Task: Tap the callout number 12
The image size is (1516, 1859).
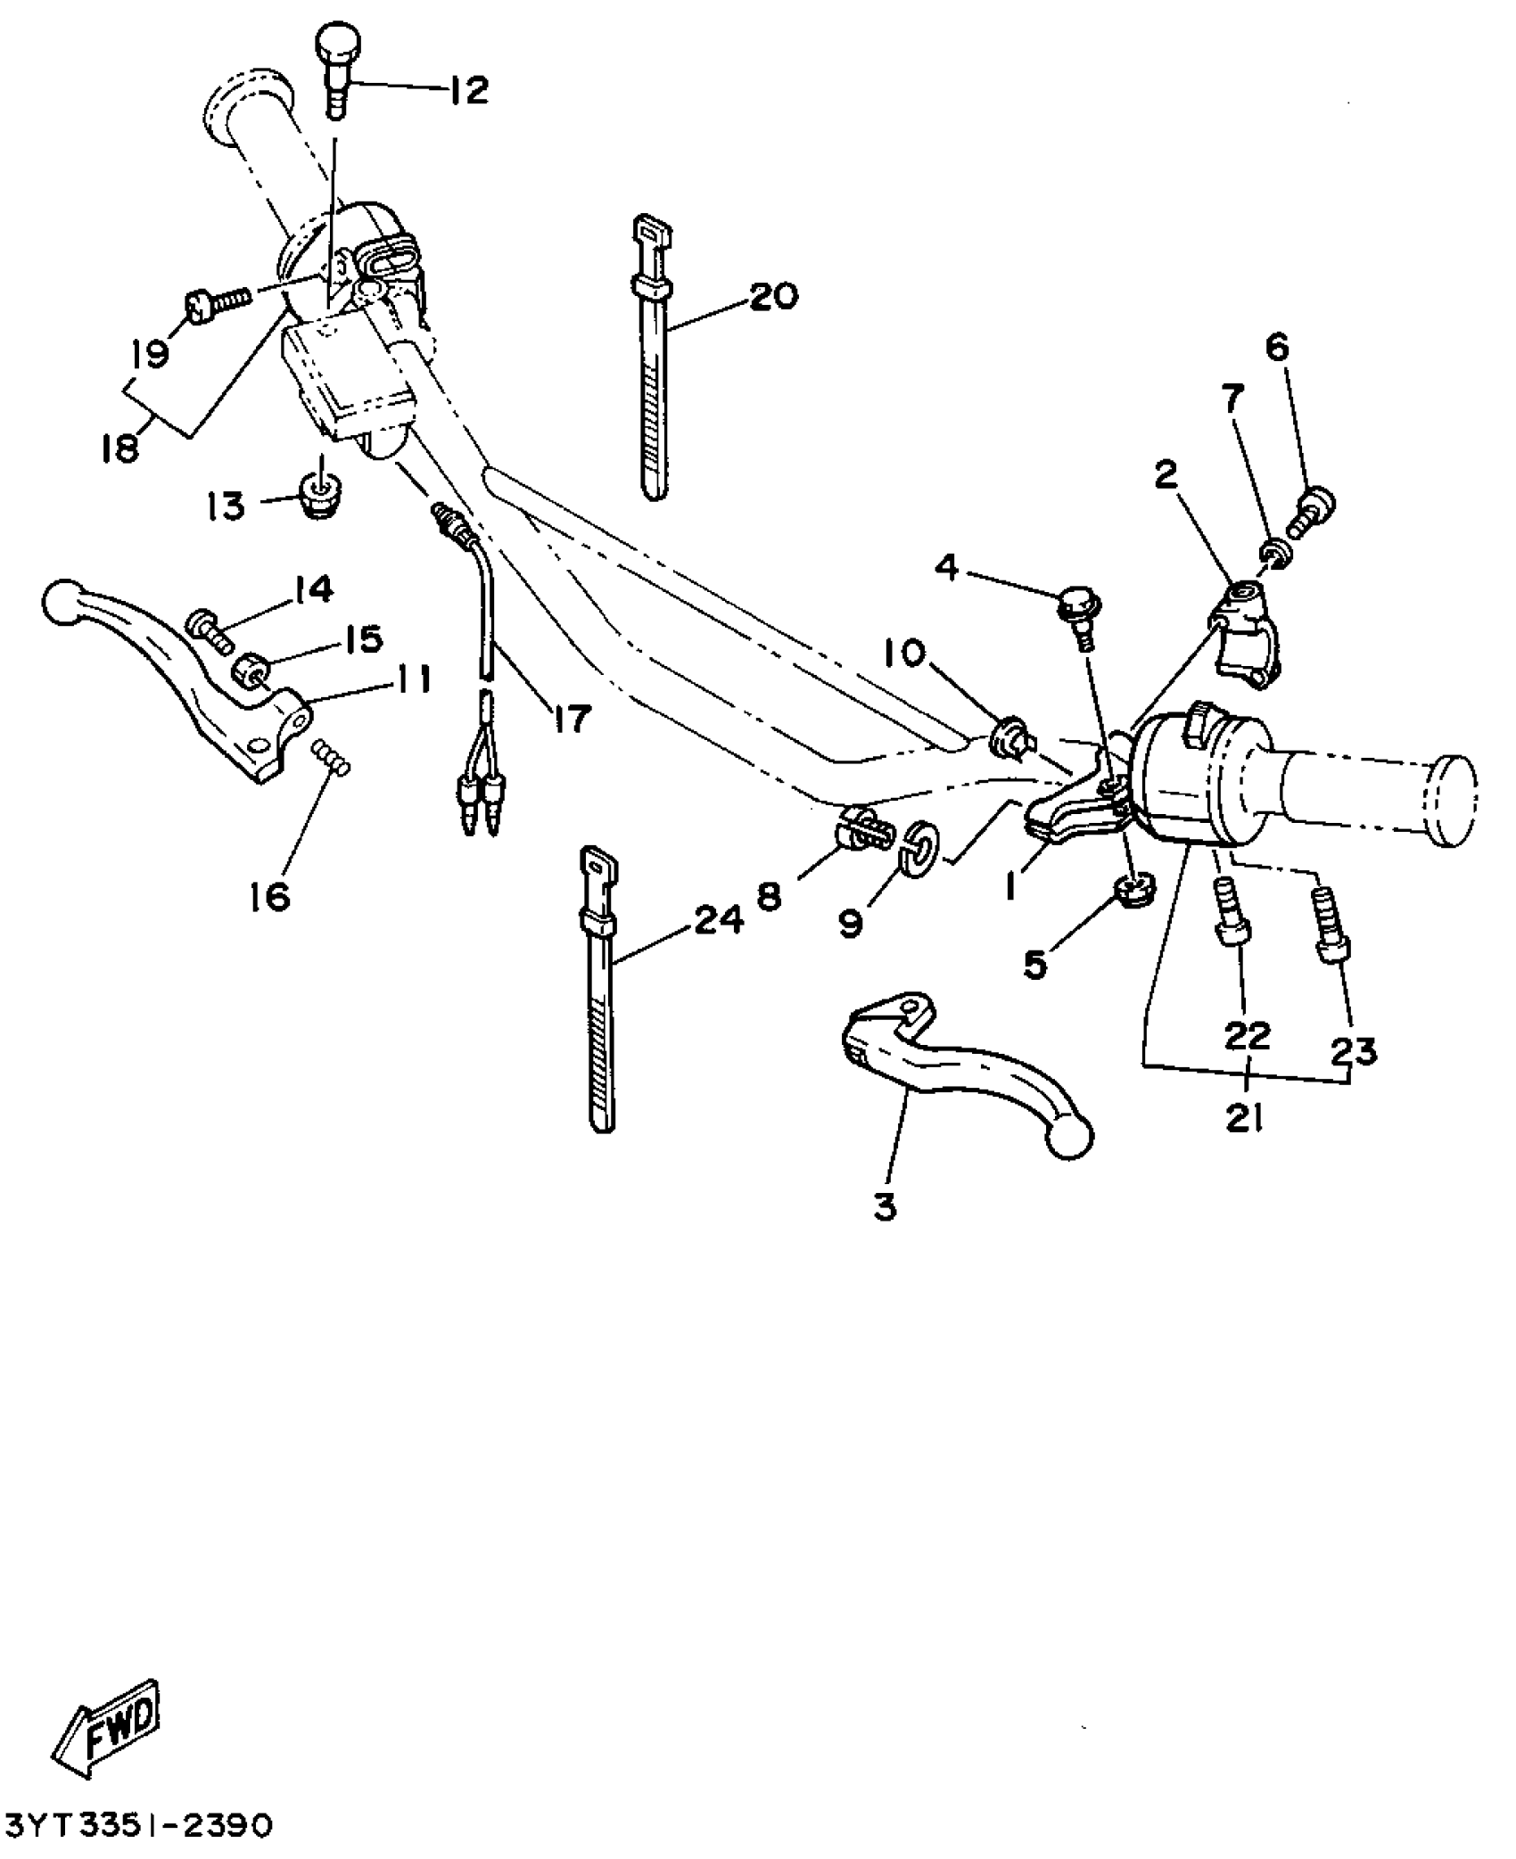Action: point(469,90)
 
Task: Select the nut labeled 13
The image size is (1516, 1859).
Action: point(320,498)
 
